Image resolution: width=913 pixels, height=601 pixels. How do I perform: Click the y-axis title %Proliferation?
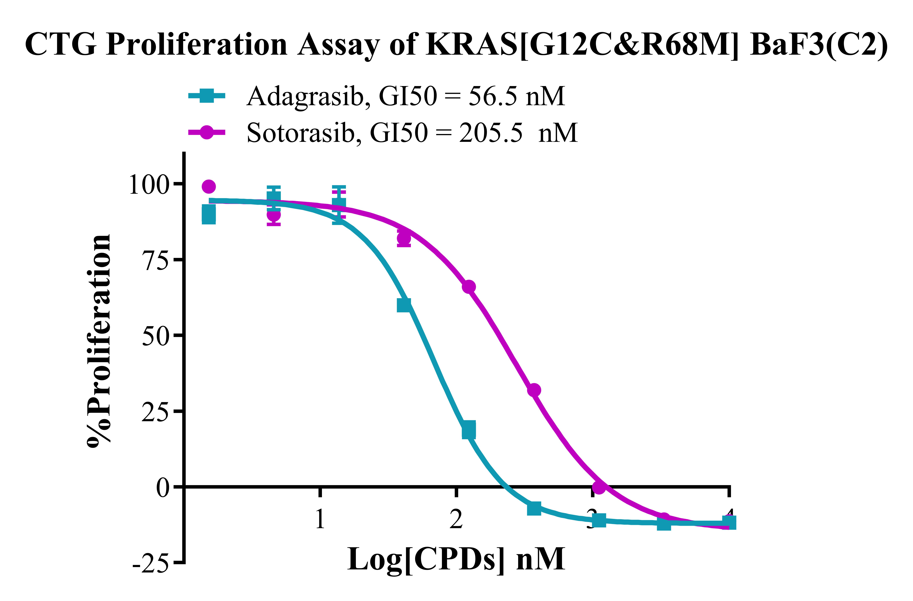(x=99, y=341)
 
